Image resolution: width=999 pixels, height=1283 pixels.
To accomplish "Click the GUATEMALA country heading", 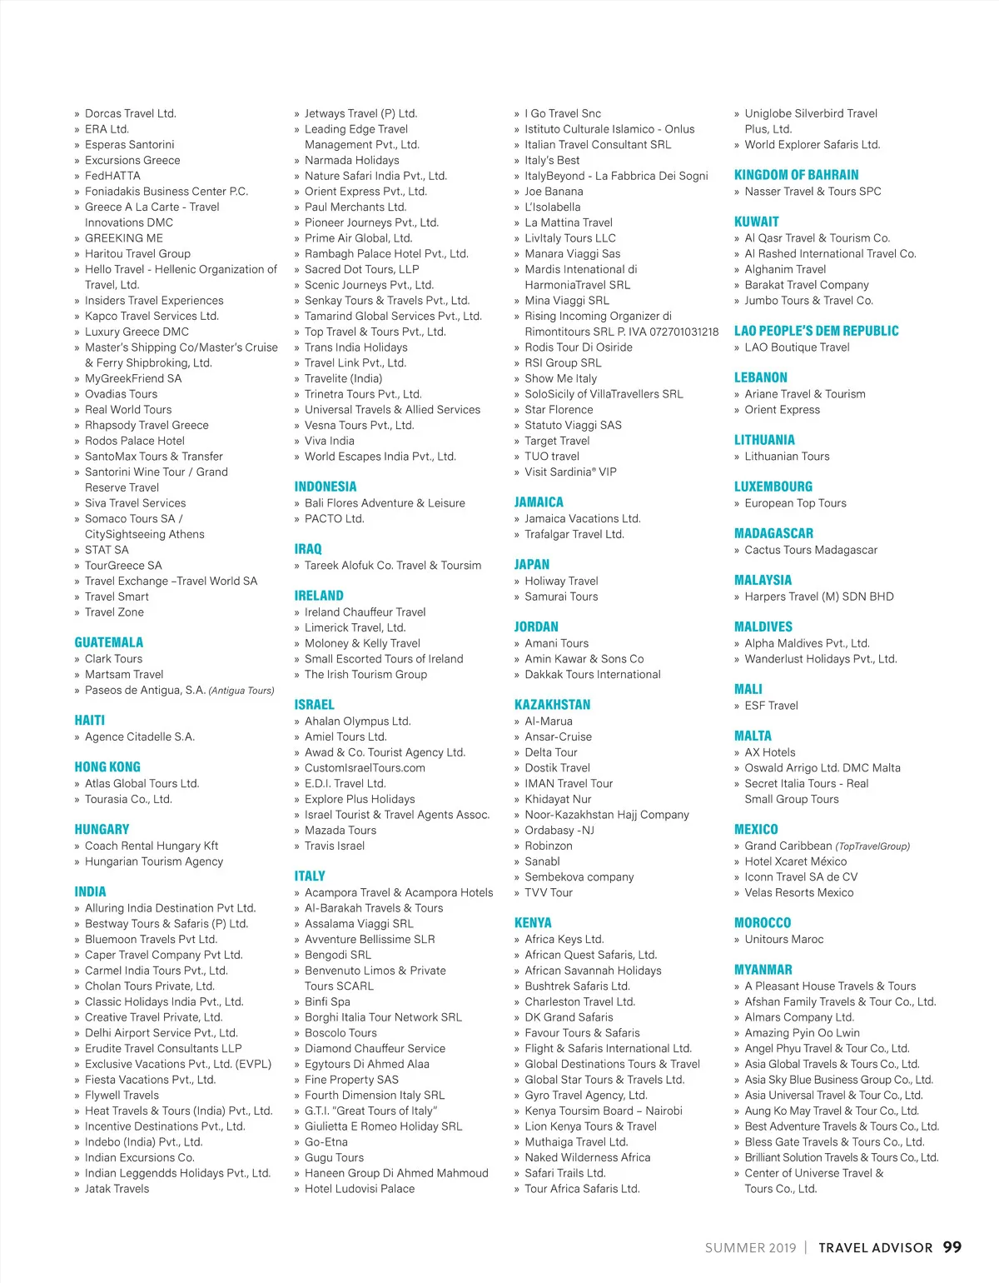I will point(108,642).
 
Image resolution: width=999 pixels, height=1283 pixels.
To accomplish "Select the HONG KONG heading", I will point(107,767).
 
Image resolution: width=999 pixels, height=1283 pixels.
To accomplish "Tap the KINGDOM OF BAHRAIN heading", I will point(796,175).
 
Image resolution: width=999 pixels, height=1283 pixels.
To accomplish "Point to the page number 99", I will point(952,1247).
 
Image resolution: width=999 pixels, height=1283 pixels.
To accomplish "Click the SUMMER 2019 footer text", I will point(750,1248).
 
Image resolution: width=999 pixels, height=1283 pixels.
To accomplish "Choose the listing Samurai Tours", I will point(561,597).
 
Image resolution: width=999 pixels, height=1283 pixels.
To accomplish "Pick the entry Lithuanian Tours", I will point(787,457).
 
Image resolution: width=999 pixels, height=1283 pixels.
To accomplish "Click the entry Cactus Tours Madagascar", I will point(811,550).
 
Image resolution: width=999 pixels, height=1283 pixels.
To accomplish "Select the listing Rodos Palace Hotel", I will point(135,441).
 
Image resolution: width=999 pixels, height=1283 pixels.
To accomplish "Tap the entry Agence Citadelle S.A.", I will point(140,736).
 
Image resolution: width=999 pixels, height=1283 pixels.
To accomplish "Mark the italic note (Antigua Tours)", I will point(241,691).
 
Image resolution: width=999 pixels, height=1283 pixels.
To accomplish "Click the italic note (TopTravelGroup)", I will point(872,846).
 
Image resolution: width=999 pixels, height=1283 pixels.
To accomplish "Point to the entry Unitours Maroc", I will point(783,939).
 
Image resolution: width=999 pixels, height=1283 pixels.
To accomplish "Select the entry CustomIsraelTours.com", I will point(365,768).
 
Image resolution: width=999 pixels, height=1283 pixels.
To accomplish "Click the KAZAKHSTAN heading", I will point(552,705).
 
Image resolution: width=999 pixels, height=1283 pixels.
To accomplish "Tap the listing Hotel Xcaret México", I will point(795,861).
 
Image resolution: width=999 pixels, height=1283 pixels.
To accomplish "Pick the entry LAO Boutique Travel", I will point(797,347).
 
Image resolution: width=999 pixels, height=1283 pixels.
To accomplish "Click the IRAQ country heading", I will point(308,549).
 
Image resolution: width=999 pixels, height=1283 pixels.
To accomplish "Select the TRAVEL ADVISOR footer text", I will point(875,1248).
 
